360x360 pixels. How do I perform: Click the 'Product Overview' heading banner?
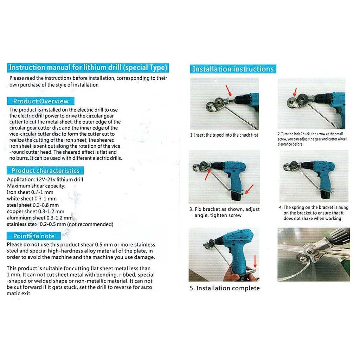(x=41, y=101)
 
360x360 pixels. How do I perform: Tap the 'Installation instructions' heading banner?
(x=233, y=69)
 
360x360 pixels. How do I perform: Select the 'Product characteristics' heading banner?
(x=45, y=171)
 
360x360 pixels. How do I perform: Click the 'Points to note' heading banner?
(x=34, y=236)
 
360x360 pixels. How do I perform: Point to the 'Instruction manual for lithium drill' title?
(x=88, y=67)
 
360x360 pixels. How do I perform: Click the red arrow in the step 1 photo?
(x=229, y=91)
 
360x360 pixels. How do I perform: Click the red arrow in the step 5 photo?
(x=255, y=262)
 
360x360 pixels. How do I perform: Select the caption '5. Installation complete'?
(x=225, y=288)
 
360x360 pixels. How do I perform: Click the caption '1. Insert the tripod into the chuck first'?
(x=224, y=135)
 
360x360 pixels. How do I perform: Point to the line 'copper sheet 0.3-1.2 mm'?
(x=36, y=212)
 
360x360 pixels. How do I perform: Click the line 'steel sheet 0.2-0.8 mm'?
(x=33, y=205)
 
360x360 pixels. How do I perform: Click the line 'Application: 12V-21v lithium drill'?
(x=45, y=180)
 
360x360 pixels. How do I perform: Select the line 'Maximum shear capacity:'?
(x=36, y=186)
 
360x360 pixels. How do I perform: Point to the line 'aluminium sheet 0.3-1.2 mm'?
(x=39, y=218)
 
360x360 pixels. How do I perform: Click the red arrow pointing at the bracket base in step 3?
(x=249, y=190)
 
